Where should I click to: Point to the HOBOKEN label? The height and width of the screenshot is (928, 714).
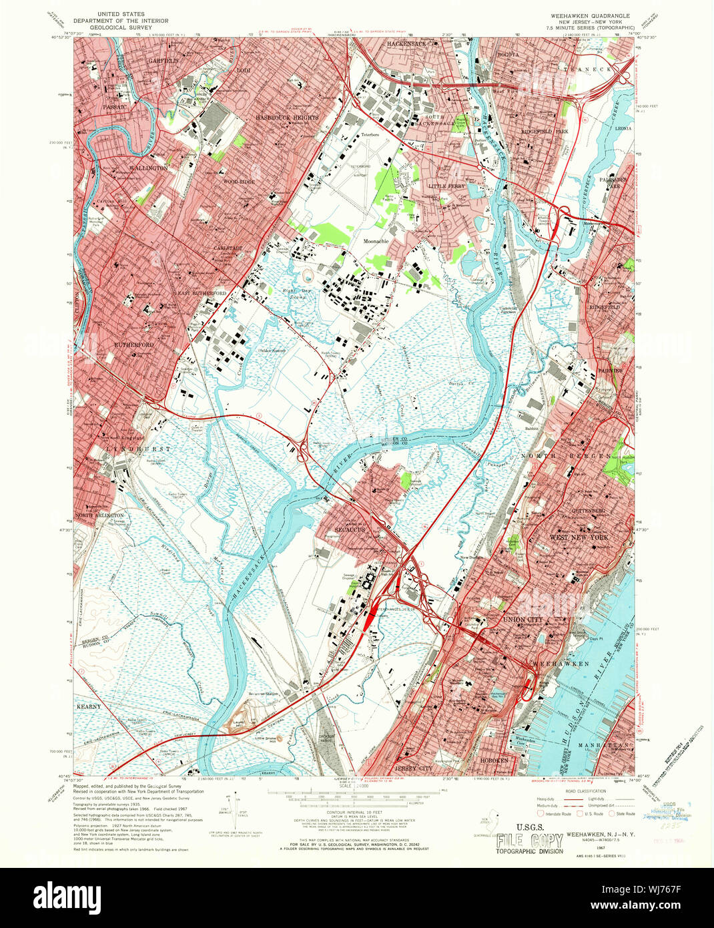tap(496, 760)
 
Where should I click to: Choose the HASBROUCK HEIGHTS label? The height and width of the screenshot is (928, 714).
tap(287, 118)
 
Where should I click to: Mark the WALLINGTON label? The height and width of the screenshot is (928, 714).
tap(149, 168)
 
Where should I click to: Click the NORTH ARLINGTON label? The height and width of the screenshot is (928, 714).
tap(99, 515)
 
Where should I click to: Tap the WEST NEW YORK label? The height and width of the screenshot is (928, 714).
tap(579, 537)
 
